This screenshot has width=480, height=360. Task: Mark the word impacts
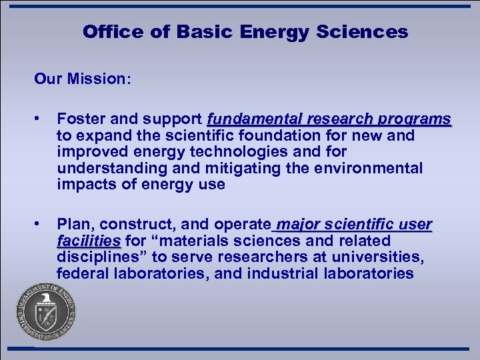point(82,185)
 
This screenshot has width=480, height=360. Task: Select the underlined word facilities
point(89,240)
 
